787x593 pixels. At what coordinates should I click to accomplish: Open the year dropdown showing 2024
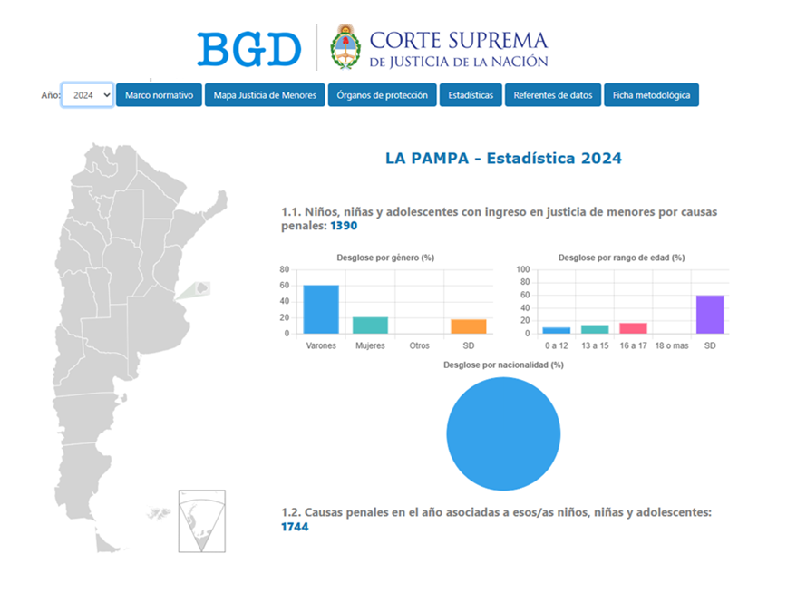tap(87, 95)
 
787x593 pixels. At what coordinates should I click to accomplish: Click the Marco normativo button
tap(159, 95)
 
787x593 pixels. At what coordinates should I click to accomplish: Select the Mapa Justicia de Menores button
tap(264, 95)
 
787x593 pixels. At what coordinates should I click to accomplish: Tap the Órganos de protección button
tap(382, 95)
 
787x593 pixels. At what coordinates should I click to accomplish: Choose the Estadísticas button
tap(471, 95)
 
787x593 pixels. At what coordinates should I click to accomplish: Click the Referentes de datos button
tap(552, 95)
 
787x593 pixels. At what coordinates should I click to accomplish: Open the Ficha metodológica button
tap(651, 95)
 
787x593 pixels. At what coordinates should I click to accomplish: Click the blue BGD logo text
tap(249, 49)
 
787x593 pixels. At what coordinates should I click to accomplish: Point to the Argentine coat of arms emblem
tap(344, 47)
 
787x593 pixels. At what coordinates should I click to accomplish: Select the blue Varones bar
tap(321, 310)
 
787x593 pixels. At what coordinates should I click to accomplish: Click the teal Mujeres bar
tap(370, 326)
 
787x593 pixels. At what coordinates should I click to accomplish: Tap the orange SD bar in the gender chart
tap(468, 326)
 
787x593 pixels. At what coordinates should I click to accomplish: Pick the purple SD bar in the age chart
tap(710, 315)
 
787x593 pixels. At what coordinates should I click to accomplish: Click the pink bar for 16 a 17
tap(633, 328)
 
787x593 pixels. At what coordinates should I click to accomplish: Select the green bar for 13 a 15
tap(595, 329)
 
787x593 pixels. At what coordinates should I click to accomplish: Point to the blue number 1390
tap(345, 226)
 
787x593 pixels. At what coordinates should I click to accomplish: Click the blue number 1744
tap(295, 527)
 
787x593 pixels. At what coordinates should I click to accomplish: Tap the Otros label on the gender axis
tap(419, 345)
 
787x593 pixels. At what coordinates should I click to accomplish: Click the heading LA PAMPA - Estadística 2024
tap(503, 158)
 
